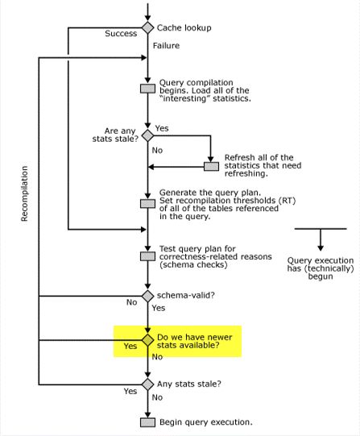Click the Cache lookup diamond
point(147,27)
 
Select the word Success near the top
point(121,34)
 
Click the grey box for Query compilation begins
point(147,89)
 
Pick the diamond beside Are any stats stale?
point(147,135)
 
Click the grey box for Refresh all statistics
point(211,166)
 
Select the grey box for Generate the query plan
point(147,203)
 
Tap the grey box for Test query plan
point(147,256)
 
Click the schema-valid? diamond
point(147,296)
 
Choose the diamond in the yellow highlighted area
point(147,341)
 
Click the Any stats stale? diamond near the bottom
point(147,384)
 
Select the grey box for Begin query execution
point(147,422)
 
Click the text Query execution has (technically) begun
point(320,271)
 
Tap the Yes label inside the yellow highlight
point(130,347)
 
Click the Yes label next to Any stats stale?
point(130,391)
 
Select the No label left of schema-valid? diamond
point(130,303)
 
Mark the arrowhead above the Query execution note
point(320,245)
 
